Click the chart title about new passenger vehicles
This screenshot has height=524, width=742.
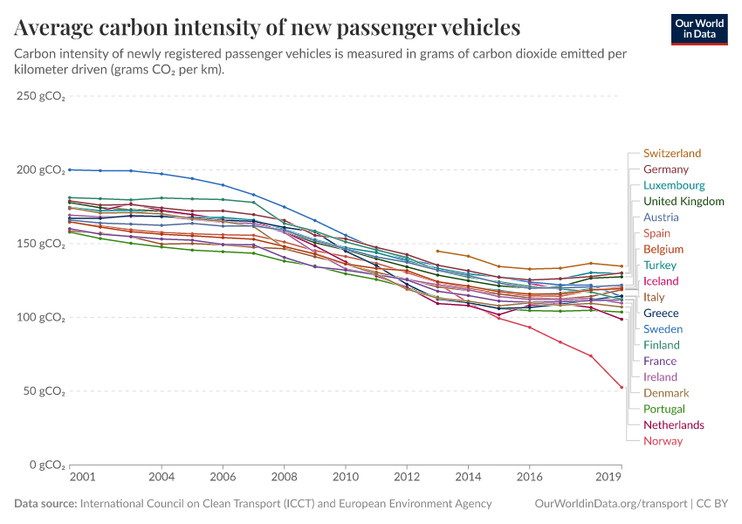(268, 27)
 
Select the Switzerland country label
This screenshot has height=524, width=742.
(671, 154)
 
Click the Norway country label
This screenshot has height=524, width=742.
(663, 441)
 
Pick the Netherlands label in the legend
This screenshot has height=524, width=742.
(673, 425)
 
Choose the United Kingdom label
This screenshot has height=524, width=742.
(684, 202)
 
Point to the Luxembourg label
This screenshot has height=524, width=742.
(673, 186)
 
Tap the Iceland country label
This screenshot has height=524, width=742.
(661, 281)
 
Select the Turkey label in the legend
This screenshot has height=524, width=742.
(660, 265)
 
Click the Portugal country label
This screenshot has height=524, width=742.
(663, 409)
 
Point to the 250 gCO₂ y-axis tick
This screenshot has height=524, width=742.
(40, 96)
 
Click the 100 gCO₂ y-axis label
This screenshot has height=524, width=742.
(40, 317)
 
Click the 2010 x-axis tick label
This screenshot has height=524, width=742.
(346, 478)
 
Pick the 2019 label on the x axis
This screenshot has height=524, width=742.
(608, 478)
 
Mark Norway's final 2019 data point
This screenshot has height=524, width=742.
(622, 387)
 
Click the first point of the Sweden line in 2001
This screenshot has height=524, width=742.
(70, 169)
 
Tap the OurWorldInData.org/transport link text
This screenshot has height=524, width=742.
(609, 504)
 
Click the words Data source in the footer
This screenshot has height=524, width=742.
(45, 504)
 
